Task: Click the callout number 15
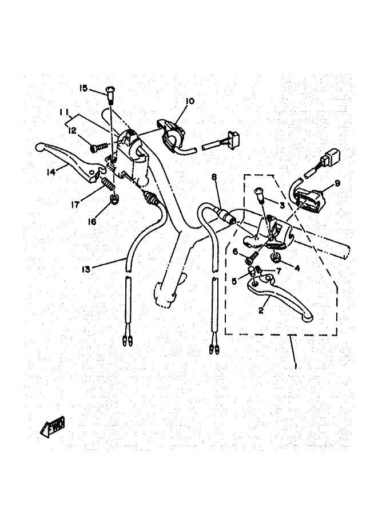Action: coord(83,88)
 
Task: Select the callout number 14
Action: coord(51,172)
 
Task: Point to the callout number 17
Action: coord(75,204)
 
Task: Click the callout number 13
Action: coord(86,269)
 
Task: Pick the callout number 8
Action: coord(214,177)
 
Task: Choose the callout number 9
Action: coord(337,183)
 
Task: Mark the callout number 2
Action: coord(261,310)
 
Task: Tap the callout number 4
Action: coord(297,268)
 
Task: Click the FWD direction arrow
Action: coord(53,427)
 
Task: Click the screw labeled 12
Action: coord(100,147)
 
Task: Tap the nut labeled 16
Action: coord(114,199)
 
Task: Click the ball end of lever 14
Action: coord(39,147)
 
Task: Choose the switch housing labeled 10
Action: coord(172,135)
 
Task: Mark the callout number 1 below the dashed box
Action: coord(296,364)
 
